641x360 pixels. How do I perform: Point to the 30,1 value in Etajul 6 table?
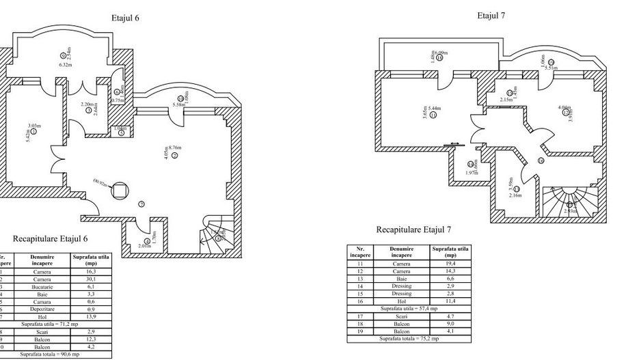(89, 279)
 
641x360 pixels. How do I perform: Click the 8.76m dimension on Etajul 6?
(176, 147)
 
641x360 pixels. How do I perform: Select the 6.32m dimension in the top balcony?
(66, 65)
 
